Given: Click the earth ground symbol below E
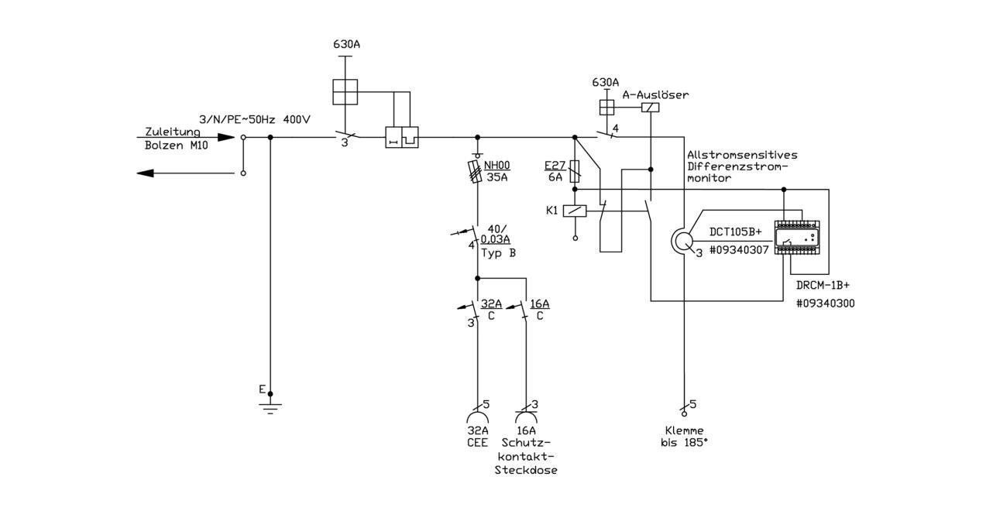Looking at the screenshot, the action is (270, 408).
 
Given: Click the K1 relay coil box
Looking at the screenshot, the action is (575, 211).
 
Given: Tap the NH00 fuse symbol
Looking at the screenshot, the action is (476, 172).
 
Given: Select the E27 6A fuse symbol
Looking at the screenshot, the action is (575, 172).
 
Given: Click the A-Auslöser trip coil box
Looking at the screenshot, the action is (651, 108).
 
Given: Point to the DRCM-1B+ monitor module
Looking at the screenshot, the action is (797, 238).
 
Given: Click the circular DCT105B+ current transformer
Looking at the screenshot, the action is (682, 242).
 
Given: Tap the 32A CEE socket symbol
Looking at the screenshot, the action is (477, 417).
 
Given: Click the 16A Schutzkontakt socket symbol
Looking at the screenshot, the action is (526, 417).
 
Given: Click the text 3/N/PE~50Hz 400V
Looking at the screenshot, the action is (255, 120).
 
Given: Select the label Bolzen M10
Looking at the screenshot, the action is (176, 146).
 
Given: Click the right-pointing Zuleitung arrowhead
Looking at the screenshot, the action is (226, 137).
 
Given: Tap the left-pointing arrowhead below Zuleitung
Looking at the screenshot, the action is (145, 173).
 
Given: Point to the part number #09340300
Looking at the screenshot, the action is (826, 304).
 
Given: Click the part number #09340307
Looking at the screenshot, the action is (739, 250).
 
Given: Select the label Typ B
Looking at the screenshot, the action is (499, 253).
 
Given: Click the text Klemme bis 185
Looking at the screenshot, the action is (684, 437).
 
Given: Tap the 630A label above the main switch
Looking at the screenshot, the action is (347, 44).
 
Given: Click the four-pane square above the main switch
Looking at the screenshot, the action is (345, 92).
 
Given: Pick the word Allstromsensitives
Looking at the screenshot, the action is (742, 155).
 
